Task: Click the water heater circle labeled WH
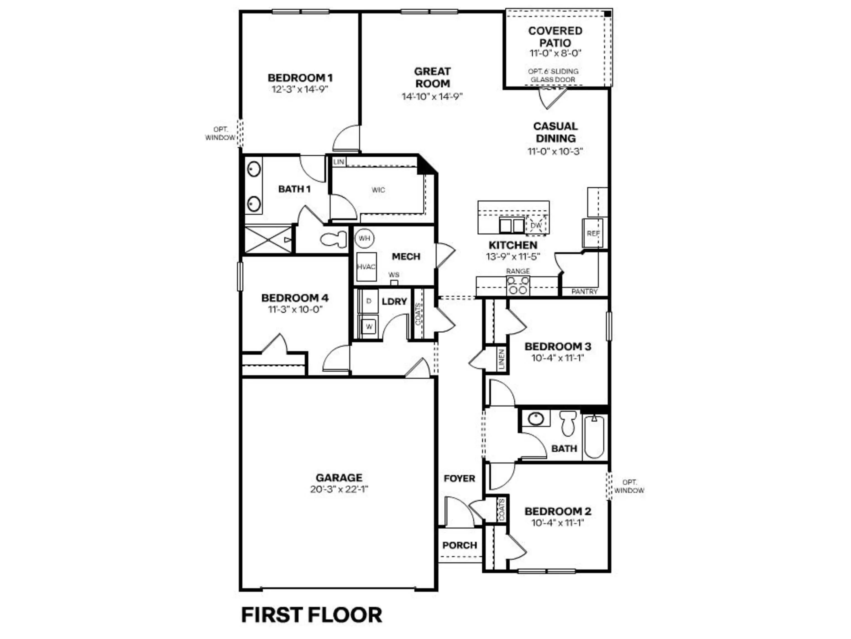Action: (364, 238)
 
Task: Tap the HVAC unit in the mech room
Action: (366, 267)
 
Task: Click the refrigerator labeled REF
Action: (593, 233)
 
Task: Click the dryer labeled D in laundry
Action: (369, 301)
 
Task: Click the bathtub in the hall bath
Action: (594, 437)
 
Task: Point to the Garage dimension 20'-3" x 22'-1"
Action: (339, 489)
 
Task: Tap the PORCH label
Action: (459, 545)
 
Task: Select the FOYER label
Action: (459, 478)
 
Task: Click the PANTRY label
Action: (584, 291)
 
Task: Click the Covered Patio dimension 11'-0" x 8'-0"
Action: (555, 53)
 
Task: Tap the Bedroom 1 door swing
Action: (345, 139)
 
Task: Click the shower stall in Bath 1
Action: (268, 240)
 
